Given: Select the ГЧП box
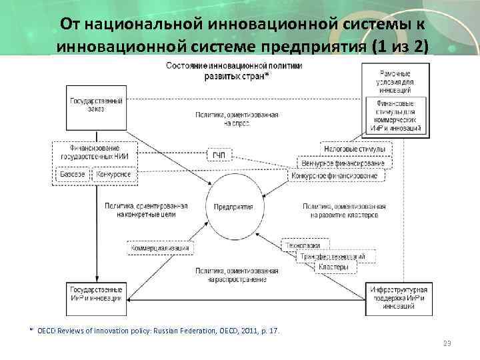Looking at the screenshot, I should pyautogui.click(x=219, y=155).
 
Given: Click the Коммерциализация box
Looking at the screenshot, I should pyautogui.click(x=160, y=248).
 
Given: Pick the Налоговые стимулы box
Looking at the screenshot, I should pyautogui.click(x=356, y=149).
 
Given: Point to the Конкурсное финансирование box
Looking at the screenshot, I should pyautogui.click(x=337, y=176).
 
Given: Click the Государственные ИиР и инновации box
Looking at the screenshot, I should pyautogui.click(x=96, y=295).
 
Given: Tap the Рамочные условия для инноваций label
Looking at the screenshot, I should pyautogui.click(x=395, y=80).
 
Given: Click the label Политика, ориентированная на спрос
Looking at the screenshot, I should pyautogui.click(x=237, y=119).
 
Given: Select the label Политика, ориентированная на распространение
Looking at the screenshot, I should pyautogui.click(x=237, y=275).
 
